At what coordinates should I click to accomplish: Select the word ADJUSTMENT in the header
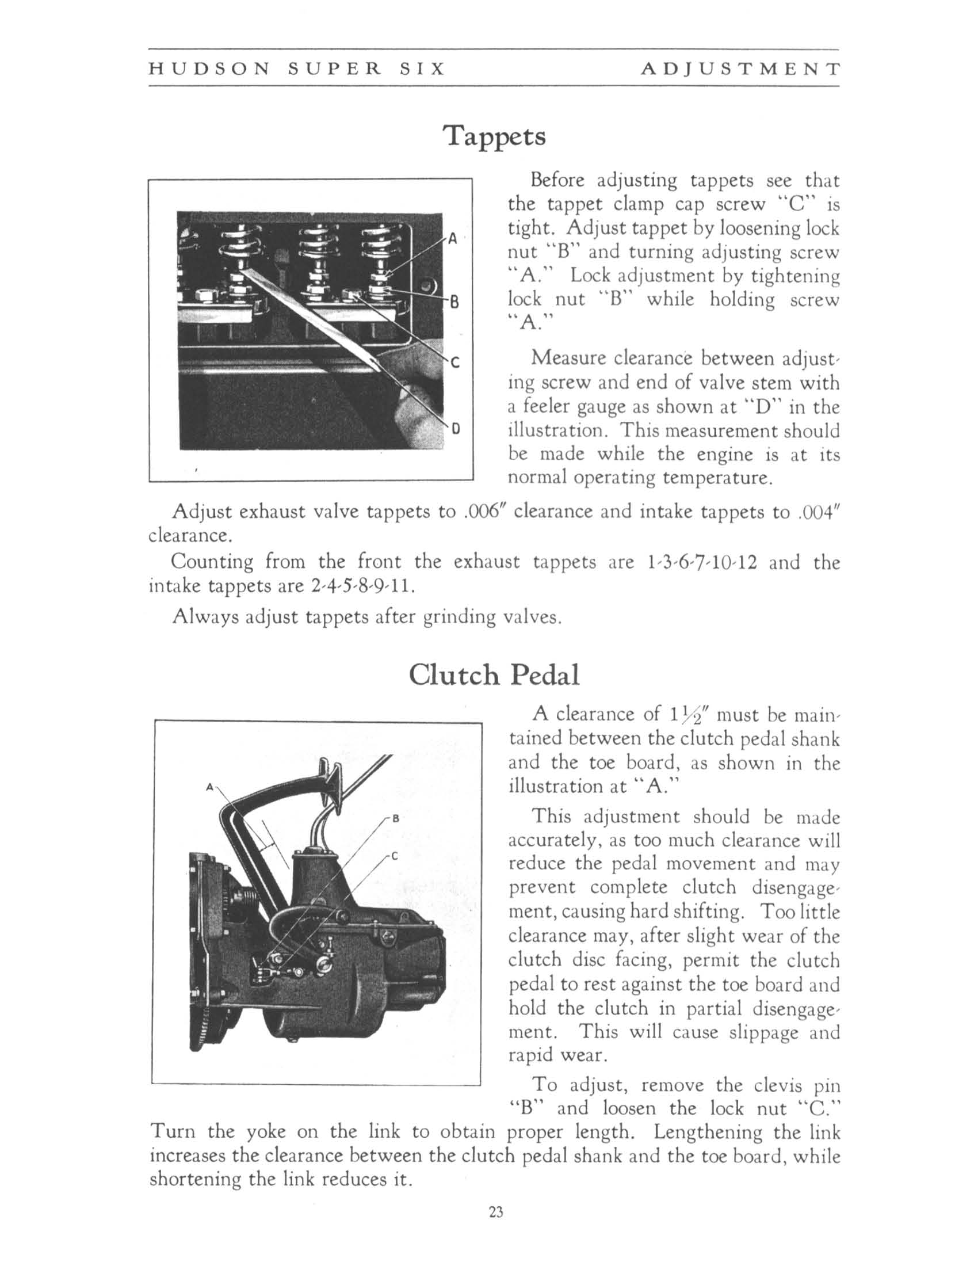(740, 69)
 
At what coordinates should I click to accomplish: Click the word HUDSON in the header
(209, 69)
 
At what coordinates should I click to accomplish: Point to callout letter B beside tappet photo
(455, 302)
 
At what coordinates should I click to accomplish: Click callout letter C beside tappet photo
(455, 364)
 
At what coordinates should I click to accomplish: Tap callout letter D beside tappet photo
(456, 429)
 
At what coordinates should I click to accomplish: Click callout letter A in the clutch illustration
(210, 787)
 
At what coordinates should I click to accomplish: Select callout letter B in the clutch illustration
(396, 819)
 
